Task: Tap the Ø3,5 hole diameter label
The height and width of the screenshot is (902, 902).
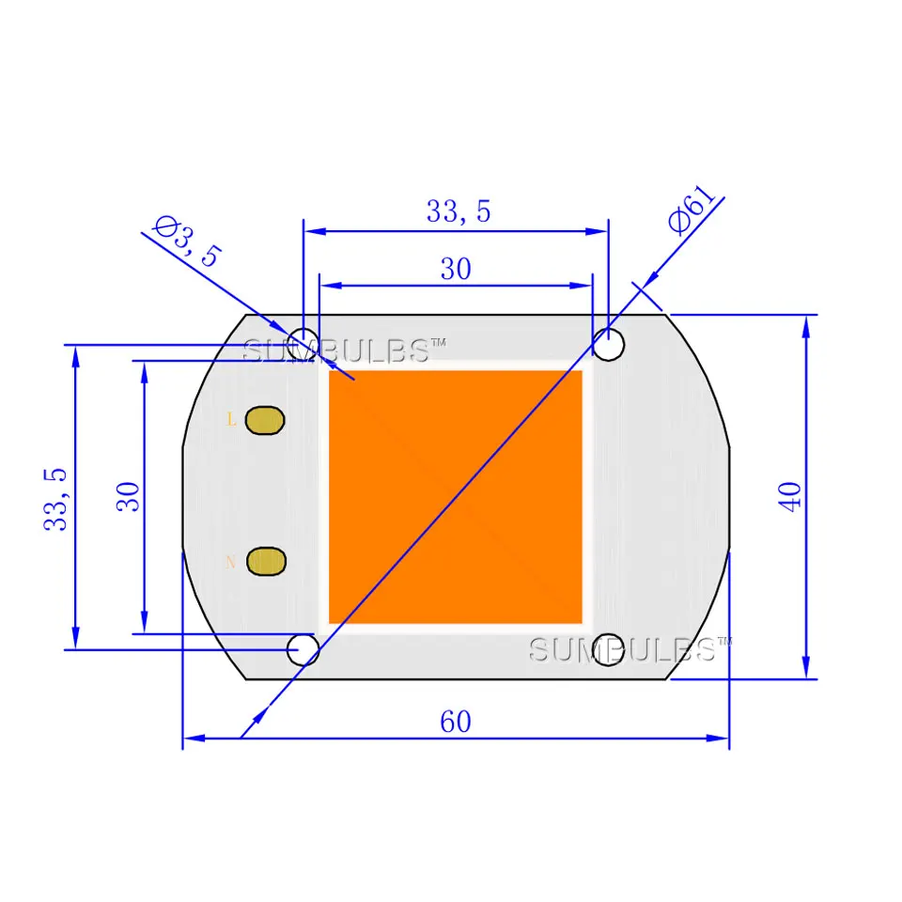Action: tap(188, 241)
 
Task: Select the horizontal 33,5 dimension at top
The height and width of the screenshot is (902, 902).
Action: tap(458, 211)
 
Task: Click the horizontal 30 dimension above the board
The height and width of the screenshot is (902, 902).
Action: tap(456, 269)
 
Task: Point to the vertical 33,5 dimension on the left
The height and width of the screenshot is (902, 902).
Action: tap(55, 499)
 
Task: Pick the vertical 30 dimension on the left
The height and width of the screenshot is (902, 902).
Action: tap(129, 496)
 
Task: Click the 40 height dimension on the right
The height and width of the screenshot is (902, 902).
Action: tap(790, 496)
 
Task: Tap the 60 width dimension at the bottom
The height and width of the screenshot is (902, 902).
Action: tap(456, 722)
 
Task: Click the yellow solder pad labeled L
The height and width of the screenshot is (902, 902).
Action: tap(265, 420)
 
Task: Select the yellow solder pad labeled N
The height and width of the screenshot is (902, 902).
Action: tap(266, 561)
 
